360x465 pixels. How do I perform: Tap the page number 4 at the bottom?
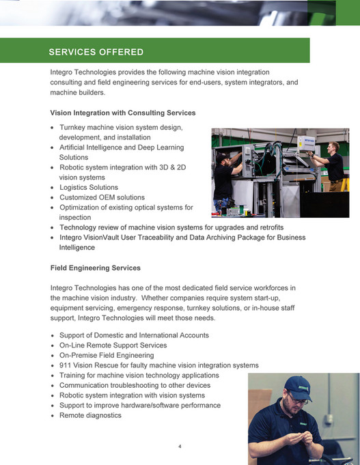pyautogui.click(x=180, y=447)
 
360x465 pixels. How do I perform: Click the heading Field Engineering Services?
pyautogui.click(x=96, y=268)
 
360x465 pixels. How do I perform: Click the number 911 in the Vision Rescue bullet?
pyautogui.click(x=66, y=365)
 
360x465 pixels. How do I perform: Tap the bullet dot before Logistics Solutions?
pyautogui.click(x=53, y=188)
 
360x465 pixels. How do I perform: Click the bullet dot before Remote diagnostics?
pyautogui.click(x=53, y=416)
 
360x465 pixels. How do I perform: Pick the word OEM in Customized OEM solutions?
pyautogui.click(x=106, y=197)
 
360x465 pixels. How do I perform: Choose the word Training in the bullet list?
pyautogui.click(x=74, y=376)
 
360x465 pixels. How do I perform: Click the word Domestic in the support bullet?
pyautogui.click(x=113, y=335)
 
